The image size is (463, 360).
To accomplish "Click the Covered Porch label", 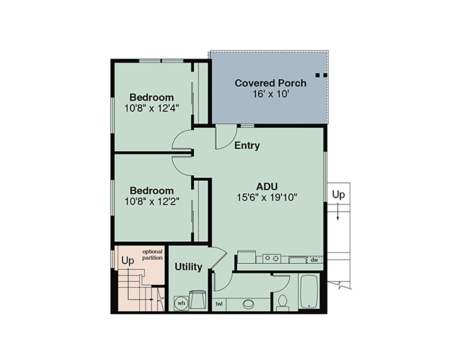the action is point(271,83).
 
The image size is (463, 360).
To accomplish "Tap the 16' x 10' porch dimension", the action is point(271,94).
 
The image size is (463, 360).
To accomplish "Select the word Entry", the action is point(247,145).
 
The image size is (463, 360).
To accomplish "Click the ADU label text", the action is point(267,186).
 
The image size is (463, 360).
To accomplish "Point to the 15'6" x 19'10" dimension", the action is point(267,197).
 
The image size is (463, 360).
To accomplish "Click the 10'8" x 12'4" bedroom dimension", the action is point(152,108).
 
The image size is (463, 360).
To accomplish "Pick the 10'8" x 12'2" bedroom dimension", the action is point(152,202).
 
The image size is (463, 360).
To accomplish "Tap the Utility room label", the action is point(189,267).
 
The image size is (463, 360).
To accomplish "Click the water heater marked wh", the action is point(181,303).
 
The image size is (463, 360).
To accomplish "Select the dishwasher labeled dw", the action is point(315,260).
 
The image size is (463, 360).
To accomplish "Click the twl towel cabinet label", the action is point(219,304).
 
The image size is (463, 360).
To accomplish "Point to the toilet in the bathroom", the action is point(283,302).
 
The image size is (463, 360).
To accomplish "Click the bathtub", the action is point(309,291).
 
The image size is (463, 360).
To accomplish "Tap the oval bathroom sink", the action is point(248,304).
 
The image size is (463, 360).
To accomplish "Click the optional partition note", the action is point(152,255).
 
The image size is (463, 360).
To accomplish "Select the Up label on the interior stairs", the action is point(127,260).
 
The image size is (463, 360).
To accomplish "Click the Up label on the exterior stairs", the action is point(338,195).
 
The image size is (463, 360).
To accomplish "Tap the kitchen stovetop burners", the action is point(272,258).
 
